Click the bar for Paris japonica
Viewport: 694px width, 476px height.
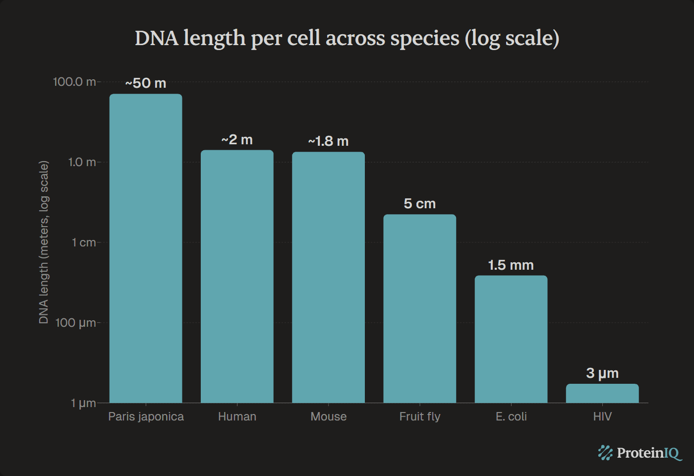146,248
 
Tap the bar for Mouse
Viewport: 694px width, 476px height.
328,277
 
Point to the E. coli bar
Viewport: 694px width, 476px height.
511,339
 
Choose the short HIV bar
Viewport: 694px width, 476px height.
602,393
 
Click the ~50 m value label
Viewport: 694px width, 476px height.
146,83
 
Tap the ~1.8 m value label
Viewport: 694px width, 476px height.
328,141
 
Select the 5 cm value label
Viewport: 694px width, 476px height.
419,204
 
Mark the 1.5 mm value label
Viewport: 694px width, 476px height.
511,265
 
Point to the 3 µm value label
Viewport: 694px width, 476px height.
602,373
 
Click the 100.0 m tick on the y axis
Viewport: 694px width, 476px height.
74,82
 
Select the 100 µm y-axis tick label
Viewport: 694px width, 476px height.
75,323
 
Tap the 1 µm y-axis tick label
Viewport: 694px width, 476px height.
83,403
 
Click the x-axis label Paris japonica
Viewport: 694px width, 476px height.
146,416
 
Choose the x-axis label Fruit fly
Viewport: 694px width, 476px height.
419,416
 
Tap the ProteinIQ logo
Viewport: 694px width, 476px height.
639,453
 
